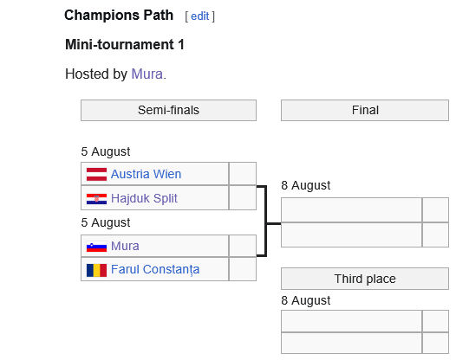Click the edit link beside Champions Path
pos(199,16)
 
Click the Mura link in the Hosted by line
pos(147,74)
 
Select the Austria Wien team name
pos(146,174)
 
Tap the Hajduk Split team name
pos(144,198)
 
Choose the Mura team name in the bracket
pos(125,246)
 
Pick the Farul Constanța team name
pos(155,269)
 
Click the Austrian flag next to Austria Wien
pos(96,174)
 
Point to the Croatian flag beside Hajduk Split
pos(96,199)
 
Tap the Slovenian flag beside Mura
pos(96,247)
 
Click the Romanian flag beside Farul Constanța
pos(96,270)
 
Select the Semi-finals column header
pos(168,110)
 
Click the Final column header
pos(365,110)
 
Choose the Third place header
pos(365,279)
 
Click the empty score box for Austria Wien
pos(243,174)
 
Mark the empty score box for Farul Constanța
pos(243,269)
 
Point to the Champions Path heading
pos(119,16)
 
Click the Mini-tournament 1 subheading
pos(125,45)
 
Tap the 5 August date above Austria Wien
pos(106,151)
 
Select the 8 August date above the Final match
pos(306,185)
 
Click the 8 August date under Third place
pos(306,300)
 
